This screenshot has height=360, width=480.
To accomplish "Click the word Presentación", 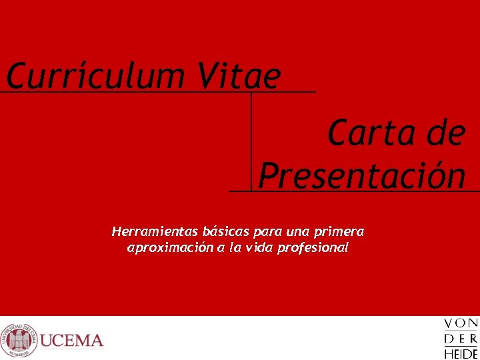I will (362, 176).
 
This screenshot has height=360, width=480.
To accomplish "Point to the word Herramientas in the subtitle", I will (155, 232).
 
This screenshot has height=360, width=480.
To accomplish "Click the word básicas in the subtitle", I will (226, 232).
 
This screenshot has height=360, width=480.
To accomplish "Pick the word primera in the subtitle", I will (339, 232).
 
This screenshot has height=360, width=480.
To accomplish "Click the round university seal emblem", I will (19, 340).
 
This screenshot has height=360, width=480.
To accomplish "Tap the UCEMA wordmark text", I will (72, 341).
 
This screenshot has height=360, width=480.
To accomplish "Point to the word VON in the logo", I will (461, 323).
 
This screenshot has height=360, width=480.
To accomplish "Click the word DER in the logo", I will (461, 339).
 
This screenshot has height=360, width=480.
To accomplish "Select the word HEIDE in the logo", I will (461, 354).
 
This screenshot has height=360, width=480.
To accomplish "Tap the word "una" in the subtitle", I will (297, 232).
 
